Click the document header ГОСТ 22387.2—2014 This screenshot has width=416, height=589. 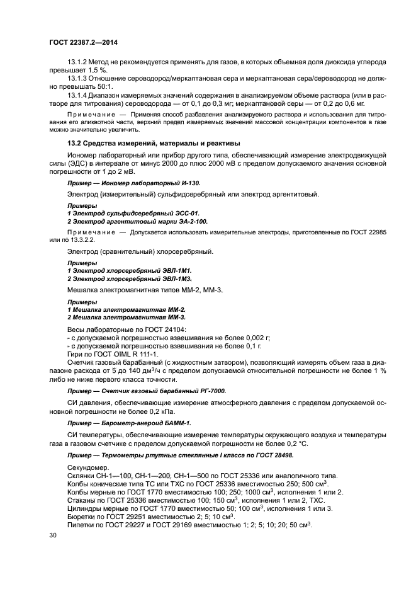click(83, 42)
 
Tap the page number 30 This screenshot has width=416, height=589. click(53, 535)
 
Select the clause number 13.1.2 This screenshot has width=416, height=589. click(77, 61)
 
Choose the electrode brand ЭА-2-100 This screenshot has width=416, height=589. click(189, 222)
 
